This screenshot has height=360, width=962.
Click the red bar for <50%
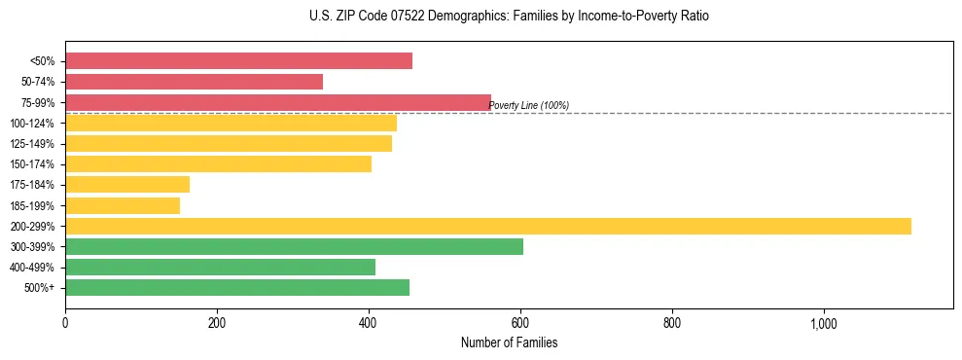[x=238, y=61]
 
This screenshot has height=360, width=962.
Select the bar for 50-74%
[x=194, y=82]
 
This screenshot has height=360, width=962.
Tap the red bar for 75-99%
[x=277, y=102]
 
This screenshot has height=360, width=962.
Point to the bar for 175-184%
[x=127, y=184]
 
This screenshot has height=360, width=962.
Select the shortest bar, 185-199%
[x=123, y=205]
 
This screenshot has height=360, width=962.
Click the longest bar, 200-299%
[x=487, y=226]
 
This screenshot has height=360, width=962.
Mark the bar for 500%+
[x=237, y=287]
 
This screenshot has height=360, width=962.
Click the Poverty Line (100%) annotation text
[x=528, y=106]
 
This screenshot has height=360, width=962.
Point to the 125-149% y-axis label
[x=32, y=144]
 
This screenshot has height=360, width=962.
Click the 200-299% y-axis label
[x=32, y=226]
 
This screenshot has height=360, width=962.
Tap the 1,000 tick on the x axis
[x=823, y=323]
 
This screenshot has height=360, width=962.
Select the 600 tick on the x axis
[x=520, y=323]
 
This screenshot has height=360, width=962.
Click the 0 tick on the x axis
[x=65, y=323]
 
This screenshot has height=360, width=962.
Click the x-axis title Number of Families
[x=509, y=342]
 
